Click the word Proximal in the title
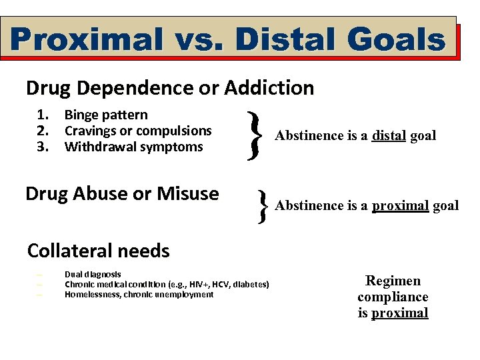86,39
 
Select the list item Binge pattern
106,115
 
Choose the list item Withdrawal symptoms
133,147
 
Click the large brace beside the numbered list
252,135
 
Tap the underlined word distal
389,136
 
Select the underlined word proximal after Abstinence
400,205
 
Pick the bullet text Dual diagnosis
93,274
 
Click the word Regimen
393,281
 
